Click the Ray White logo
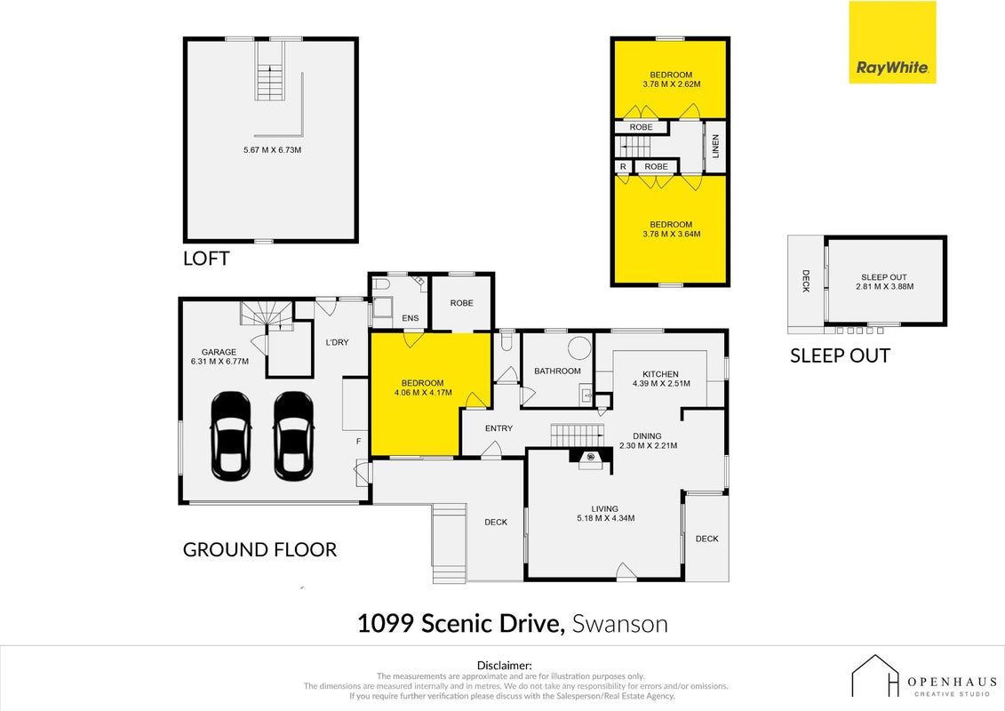892,43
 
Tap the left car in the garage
231,436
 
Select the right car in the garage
293,436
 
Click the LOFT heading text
206,259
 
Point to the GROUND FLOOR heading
259,549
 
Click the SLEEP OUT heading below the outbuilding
840,355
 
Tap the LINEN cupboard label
715,146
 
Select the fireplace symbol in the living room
590,457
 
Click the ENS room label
411,318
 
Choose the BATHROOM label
558,371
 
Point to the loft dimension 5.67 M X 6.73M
273,150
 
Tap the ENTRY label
499,428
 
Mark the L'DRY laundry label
337,342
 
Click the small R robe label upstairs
623,167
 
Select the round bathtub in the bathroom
579,348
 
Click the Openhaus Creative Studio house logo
875,675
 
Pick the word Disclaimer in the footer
505,666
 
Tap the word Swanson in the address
619,624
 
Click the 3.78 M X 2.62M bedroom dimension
671,84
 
